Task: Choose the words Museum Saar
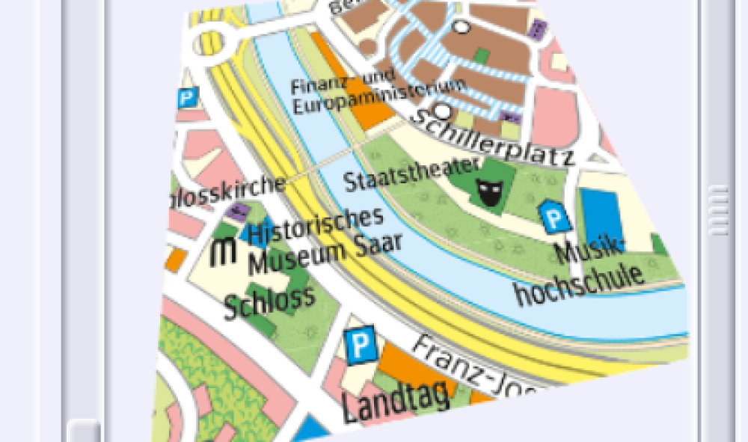[x=325, y=254]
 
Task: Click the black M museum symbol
[x=223, y=251]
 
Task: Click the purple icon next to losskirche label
[x=239, y=210]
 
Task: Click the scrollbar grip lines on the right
[x=717, y=209]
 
